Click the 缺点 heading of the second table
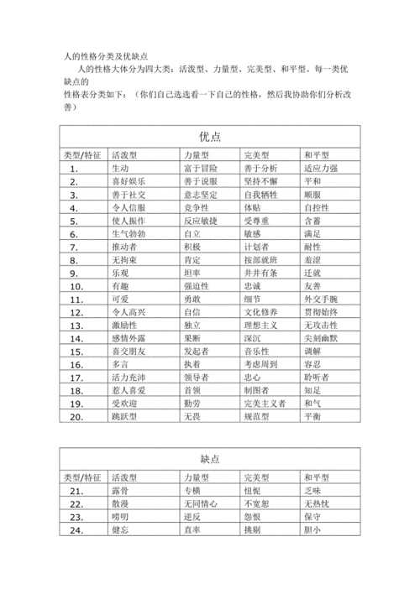[x=210, y=458]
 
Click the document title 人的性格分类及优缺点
[x=109, y=55]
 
